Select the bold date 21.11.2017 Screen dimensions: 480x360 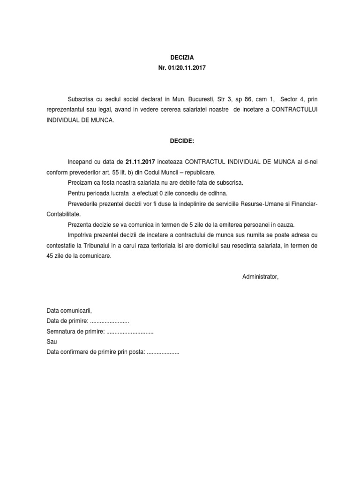(x=140, y=162)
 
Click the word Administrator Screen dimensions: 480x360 (x=260, y=277)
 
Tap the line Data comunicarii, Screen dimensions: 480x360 (x=69, y=311)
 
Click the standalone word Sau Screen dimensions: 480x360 (x=52, y=342)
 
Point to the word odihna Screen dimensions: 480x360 (x=217, y=193)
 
